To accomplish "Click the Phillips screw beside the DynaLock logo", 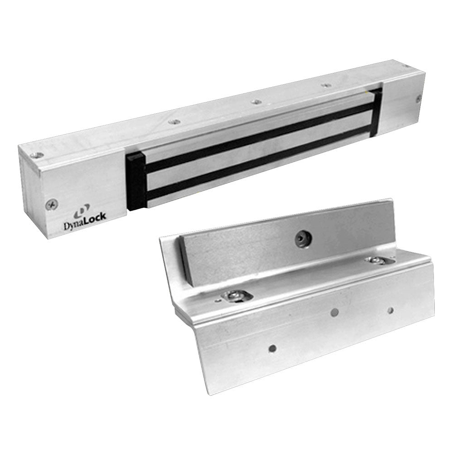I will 50,205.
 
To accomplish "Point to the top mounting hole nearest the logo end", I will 39,155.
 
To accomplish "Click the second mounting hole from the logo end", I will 174,121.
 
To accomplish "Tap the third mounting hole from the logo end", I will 256,101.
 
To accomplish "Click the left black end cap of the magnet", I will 135,181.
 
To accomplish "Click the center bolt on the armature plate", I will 300,239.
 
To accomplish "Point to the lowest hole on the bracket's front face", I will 272,348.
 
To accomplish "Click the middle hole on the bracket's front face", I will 334,312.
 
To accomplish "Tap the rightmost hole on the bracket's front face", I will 390,310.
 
